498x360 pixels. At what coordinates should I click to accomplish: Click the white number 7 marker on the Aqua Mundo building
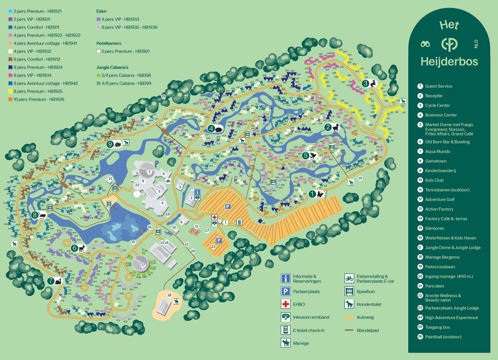click(x=149, y=172)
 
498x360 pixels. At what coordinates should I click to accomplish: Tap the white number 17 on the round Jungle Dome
click(x=143, y=264)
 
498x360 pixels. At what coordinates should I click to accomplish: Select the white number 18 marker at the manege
click(x=169, y=295)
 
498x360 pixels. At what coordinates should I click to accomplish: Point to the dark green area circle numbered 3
click(x=365, y=83)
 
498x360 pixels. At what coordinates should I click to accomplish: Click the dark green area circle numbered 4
click(x=211, y=129)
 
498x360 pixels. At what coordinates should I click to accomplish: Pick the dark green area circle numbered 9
click(x=110, y=144)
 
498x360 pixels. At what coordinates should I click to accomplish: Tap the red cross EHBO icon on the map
click(x=214, y=217)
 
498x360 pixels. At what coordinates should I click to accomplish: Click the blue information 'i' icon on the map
click(x=197, y=192)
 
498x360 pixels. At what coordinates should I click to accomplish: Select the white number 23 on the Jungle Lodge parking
click(x=213, y=247)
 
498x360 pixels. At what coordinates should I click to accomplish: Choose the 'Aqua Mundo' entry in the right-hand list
click(x=438, y=151)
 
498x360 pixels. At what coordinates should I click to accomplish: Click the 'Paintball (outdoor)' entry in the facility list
click(x=443, y=337)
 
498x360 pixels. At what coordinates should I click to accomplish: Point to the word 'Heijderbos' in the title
click(x=449, y=62)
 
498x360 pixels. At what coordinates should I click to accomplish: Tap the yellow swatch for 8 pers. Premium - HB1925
click(x=10, y=91)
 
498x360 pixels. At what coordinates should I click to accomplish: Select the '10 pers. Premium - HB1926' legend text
click(x=38, y=99)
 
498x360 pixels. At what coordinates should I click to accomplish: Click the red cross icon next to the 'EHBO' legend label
click(x=286, y=304)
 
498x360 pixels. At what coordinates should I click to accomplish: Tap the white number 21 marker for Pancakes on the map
click(x=111, y=179)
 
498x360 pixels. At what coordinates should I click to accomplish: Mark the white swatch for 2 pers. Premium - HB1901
click(x=99, y=51)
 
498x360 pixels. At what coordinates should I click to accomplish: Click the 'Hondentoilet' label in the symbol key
click(x=369, y=304)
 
